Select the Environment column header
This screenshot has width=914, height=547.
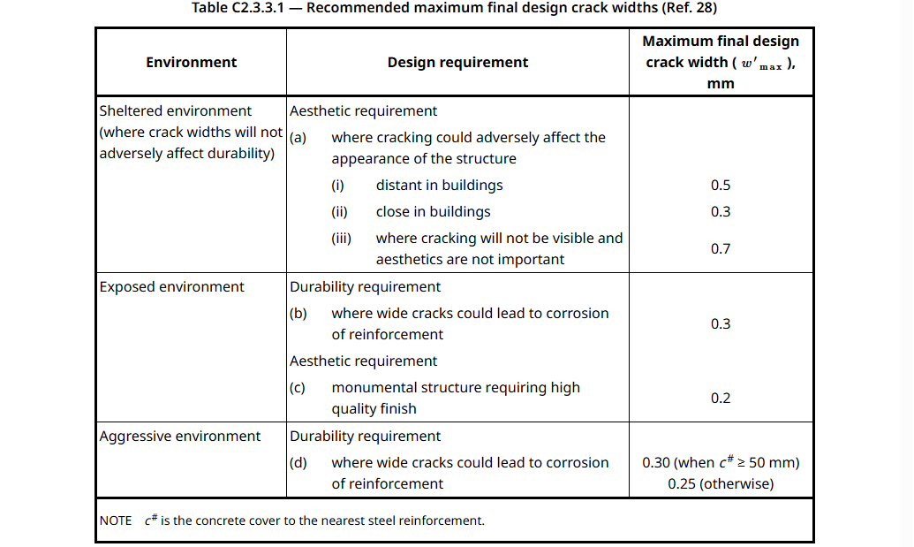tap(191, 62)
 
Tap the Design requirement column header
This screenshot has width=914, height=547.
tap(457, 62)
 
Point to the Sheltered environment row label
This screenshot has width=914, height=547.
tap(176, 111)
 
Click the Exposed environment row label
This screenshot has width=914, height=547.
tap(172, 287)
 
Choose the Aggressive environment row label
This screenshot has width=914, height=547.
tap(180, 437)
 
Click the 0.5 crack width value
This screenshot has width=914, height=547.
tap(721, 186)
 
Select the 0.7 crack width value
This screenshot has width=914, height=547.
tap(721, 249)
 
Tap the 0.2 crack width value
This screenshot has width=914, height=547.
tap(721, 399)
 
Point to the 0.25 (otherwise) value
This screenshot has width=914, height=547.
tap(721, 484)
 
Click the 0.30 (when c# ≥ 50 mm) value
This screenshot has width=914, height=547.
tap(721, 463)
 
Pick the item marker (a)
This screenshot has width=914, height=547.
tap(298, 138)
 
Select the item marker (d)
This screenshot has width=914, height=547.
tap(298, 463)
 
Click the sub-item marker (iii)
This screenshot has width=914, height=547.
tap(342, 239)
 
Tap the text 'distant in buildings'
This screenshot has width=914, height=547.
tap(439, 186)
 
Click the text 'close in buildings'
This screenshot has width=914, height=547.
tap(433, 212)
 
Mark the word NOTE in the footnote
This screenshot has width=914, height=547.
tap(116, 521)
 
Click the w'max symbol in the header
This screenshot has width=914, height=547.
tap(761, 64)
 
